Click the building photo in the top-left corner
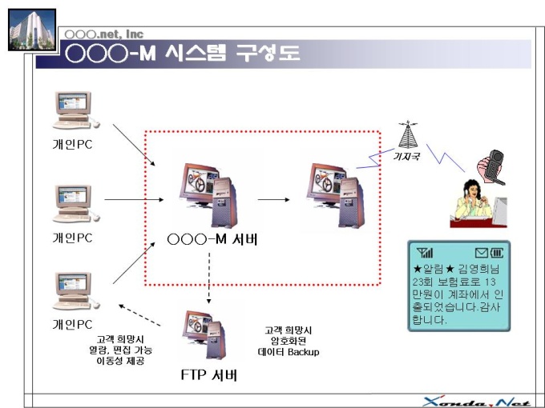tap(31, 30)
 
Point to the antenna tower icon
tap(410, 135)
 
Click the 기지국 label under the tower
tap(409, 158)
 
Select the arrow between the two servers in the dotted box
tap(273, 199)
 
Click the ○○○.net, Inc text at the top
tap(103, 34)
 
